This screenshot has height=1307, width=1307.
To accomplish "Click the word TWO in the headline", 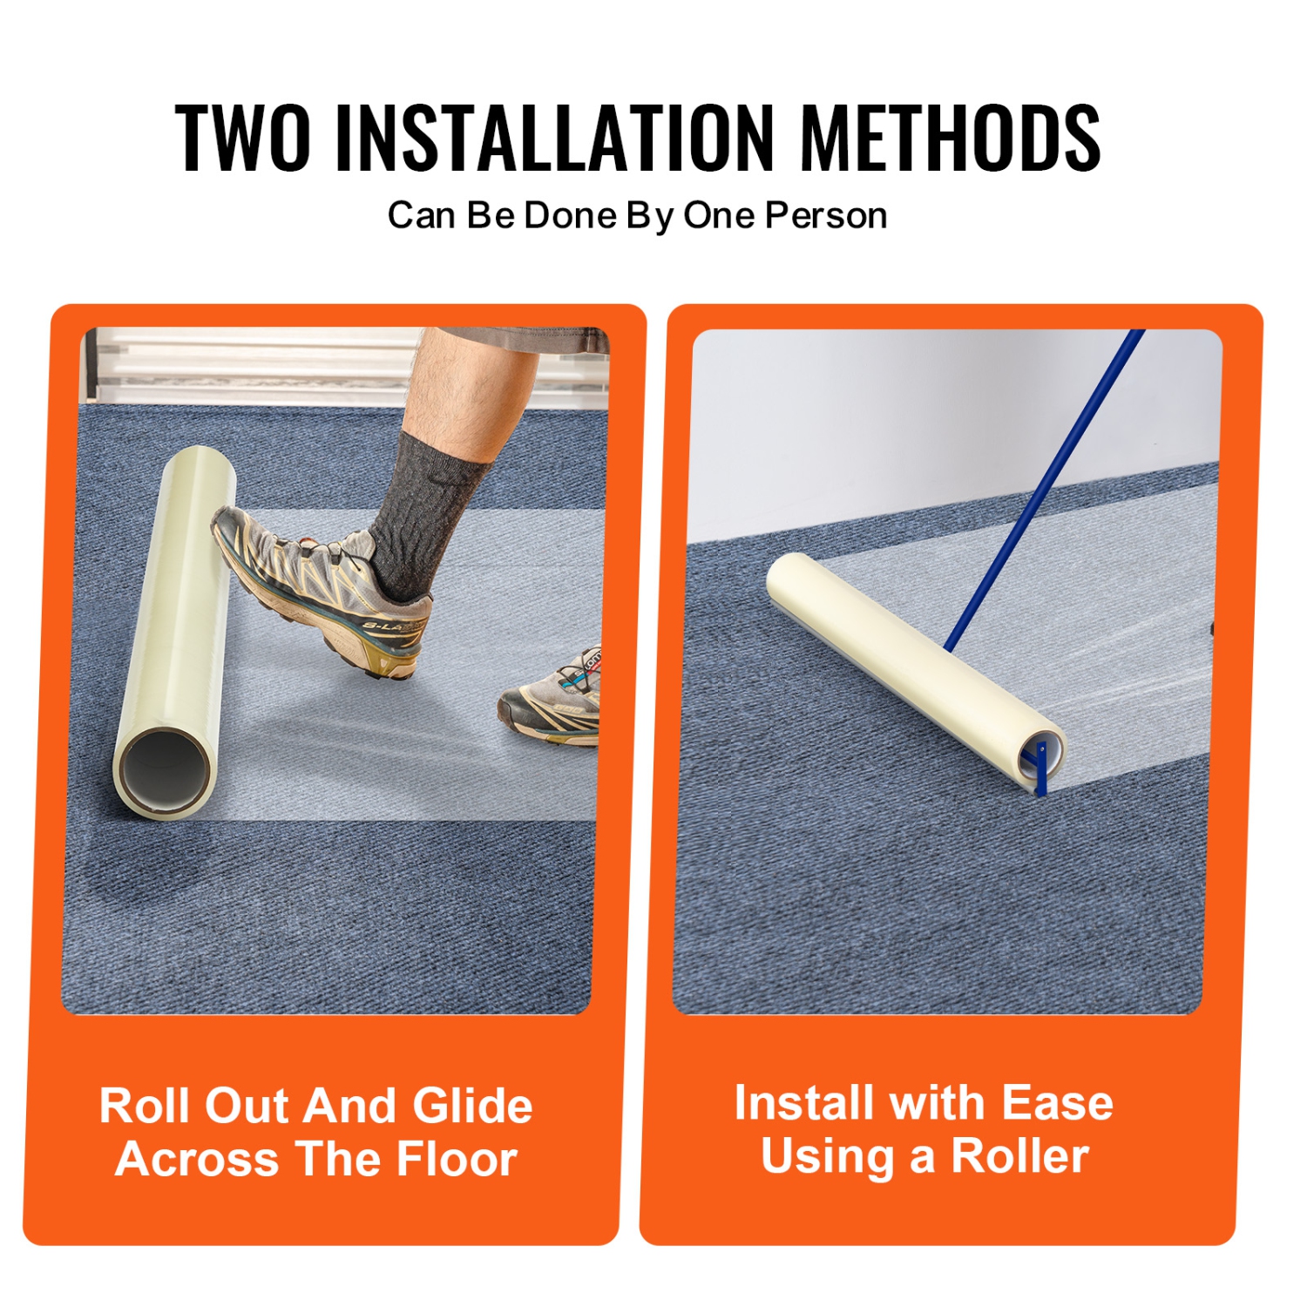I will [x=242, y=137].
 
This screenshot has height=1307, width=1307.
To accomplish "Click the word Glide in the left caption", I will [x=472, y=1106].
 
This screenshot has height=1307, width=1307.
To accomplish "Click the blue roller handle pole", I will [x=1046, y=488].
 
